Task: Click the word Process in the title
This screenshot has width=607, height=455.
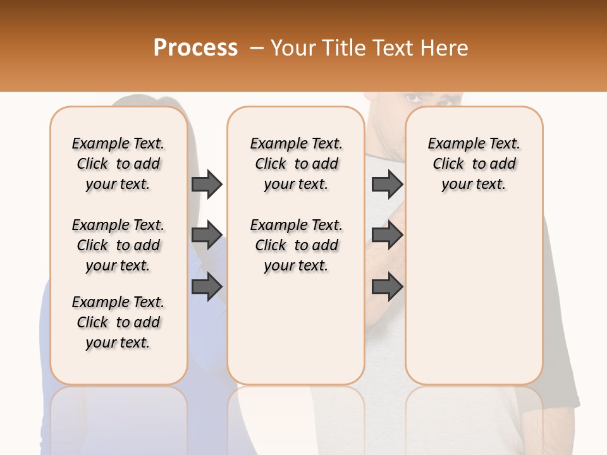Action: [x=195, y=48]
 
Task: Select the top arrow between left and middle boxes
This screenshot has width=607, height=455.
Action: [x=207, y=184]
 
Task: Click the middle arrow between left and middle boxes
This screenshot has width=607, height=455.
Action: [x=207, y=235]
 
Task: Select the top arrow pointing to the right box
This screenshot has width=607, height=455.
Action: [x=387, y=184]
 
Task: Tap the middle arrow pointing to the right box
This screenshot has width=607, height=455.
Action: [x=387, y=235]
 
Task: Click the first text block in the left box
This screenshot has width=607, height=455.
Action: [x=118, y=164]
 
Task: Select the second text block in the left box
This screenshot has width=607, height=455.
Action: [x=118, y=245]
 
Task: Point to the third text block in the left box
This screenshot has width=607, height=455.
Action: [x=118, y=322]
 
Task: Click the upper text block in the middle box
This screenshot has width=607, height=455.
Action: [x=296, y=164]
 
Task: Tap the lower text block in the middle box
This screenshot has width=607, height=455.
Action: [x=296, y=245]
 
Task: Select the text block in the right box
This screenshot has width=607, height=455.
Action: [x=474, y=164]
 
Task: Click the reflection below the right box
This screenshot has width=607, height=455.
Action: [x=474, y=417]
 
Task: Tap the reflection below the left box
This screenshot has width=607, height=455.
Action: [x=118, y=417]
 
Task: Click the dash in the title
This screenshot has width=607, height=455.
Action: [x=256, y=48]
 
